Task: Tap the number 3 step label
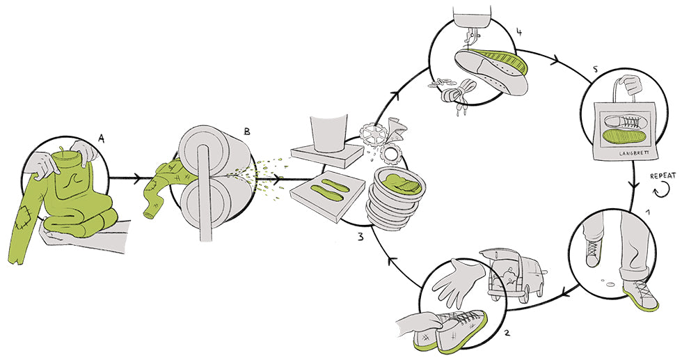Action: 360,237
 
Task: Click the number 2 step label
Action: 507,333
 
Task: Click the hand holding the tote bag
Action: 631,84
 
